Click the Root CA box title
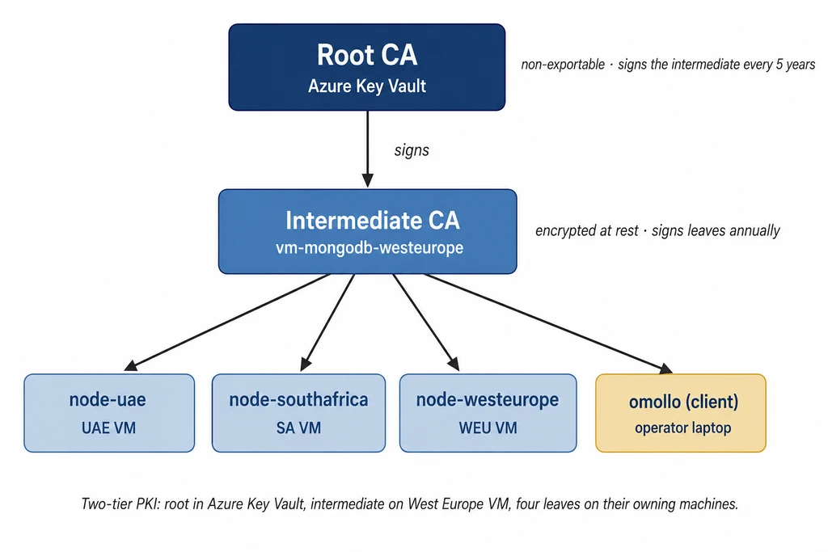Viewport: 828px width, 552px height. [x=367, y=55]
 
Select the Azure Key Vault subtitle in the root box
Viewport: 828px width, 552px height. [x=367, y=86]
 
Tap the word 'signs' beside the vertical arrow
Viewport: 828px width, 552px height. [x=412, y=150]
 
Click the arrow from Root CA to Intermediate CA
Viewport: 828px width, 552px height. [x=368, y=149]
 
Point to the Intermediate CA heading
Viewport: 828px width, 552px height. [x=373, y=221]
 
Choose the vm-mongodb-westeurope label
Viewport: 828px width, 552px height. [x=370, y=247]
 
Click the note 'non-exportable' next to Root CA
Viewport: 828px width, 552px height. [x=563, y=65]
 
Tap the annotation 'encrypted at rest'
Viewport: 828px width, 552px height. [x=587, y=230]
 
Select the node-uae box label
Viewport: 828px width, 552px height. [x=108, y=399]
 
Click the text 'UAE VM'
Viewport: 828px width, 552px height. [x=109, y=428]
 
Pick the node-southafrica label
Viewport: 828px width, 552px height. [x=298, y=399]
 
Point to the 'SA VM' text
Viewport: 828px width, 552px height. [x=298, y=428]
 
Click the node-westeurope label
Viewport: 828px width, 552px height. [x=488, y=399]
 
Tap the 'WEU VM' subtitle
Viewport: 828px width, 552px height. [x=488, y=428]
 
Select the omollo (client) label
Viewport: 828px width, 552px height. [x=683, y=402]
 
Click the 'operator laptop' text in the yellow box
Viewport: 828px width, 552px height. [x=682, y=428]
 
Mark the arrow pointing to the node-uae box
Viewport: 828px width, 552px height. [x=227, y=322]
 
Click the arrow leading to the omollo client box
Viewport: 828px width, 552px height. [x=548, y=323]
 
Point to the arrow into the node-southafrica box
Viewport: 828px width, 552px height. [x=327, y=322]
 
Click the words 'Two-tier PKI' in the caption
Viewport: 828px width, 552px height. [x=120, y=504]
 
